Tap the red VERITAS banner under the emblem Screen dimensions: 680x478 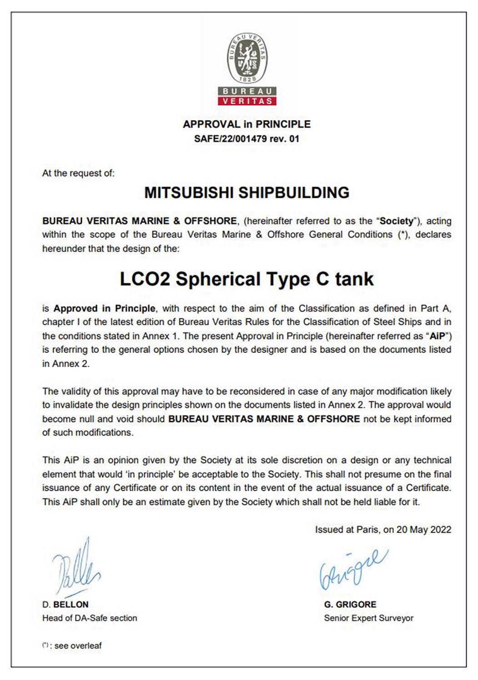247,101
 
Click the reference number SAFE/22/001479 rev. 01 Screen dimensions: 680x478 247,139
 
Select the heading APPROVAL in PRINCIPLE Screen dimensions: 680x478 247,124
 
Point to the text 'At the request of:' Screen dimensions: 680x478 78,173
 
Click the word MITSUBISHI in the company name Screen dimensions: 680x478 189,192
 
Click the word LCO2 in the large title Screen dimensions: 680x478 145,279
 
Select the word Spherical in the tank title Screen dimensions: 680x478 218,279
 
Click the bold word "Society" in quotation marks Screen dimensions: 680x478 397,221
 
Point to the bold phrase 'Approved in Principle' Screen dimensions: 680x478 104,308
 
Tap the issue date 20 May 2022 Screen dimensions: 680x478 423,529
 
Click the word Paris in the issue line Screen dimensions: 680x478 367,529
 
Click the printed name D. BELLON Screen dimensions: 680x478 65,604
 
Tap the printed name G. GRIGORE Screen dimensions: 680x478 350,604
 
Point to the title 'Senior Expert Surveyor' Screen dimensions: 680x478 369,618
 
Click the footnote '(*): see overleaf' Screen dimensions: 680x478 72,645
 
